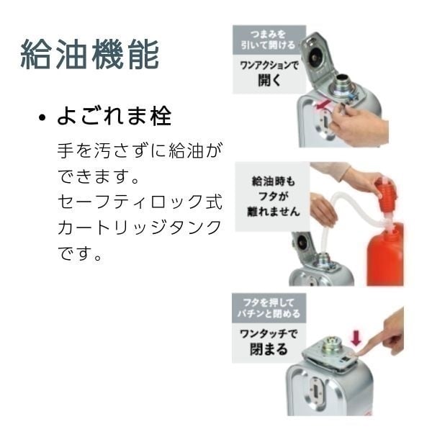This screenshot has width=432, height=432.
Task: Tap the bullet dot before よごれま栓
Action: pyautogui.click(x=43, y=118)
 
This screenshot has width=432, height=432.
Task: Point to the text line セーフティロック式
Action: pyautogui.click(x=140, y=202)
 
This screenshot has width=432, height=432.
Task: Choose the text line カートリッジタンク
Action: pyautogui.click(x=140, y=228)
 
